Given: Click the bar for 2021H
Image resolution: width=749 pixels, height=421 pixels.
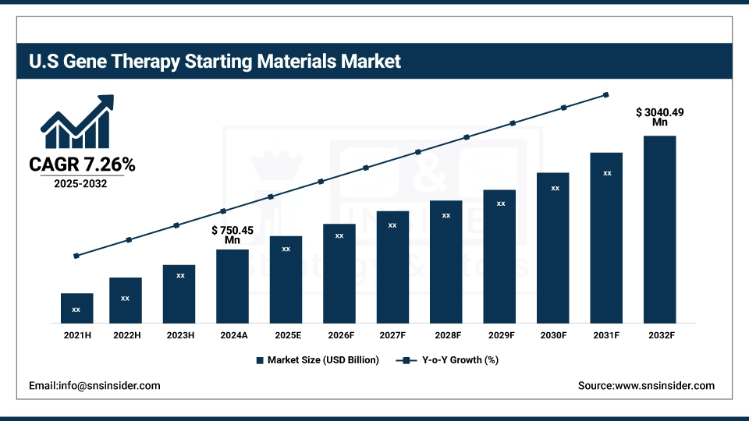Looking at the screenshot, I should pos(76,308).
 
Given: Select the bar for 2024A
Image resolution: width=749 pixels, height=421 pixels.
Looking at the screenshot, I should pos(233,285).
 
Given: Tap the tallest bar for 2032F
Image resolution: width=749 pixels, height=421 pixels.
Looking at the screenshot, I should pos(659,229).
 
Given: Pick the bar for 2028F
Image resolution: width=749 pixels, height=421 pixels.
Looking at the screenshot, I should pos(445,261).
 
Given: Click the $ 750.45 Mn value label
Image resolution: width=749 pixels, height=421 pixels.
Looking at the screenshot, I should pos(233,235).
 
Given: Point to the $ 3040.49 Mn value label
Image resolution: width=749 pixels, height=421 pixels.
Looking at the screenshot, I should pos(659,117).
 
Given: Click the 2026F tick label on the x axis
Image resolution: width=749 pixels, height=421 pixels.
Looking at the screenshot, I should pos(339,335).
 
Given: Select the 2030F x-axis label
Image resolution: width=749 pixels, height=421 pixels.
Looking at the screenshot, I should pos(553,335).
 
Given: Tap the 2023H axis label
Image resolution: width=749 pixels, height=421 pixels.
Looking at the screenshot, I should pos(179,335).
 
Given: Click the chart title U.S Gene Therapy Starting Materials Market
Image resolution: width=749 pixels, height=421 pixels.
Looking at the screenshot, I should pos(215,61).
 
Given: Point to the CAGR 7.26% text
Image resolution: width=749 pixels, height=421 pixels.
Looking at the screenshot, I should pos(82,165).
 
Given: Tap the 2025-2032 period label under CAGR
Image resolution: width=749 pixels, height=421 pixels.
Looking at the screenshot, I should pos(81,184).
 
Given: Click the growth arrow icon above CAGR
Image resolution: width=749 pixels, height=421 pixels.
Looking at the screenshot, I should pos(77,122).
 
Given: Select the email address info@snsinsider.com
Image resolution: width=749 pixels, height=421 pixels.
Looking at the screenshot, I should pos(94,385).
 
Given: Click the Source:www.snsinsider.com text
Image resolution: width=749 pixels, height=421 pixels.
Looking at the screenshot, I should pos(646,385).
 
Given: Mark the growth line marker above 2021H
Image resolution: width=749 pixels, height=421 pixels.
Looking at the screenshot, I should pos(76,256).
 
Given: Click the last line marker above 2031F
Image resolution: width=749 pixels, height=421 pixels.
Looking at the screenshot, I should pos(606,95).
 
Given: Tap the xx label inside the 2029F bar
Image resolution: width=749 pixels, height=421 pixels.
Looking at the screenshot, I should pos(501,203).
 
